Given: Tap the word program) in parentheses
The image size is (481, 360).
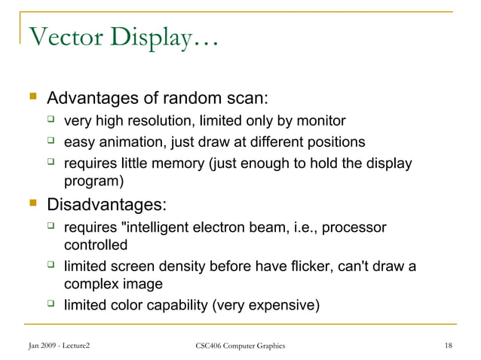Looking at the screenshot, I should pos(93,181).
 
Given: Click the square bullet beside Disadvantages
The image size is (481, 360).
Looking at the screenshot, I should pos(32,203).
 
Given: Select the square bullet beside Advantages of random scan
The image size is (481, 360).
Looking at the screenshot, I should pos(32,99).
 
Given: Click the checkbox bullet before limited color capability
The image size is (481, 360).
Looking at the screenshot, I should pos(51,304).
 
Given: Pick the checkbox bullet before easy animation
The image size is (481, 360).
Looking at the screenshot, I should pos(51,141).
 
